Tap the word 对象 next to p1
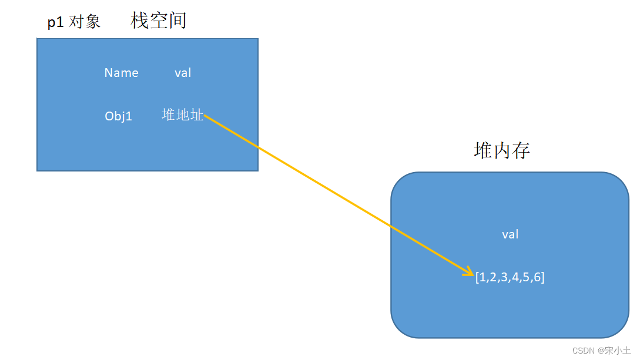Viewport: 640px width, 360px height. click(85, 22)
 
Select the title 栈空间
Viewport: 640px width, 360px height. click(158, 20)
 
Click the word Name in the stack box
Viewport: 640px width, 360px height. click(121, 73)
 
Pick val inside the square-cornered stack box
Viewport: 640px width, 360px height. click(183, 73)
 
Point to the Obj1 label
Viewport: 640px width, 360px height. click(118, 116)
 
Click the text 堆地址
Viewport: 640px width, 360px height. click(182, 115)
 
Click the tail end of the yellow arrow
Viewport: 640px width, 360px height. click(206, 116)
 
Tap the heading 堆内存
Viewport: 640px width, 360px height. click(502, 151)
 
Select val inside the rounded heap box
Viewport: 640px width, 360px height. click(510, 234)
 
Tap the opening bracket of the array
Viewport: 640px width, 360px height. click(477, 278)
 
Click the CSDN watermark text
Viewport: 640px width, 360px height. click(584, 350)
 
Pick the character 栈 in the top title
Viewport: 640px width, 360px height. click(140, 20)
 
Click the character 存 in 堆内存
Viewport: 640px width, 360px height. click(521, 151)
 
